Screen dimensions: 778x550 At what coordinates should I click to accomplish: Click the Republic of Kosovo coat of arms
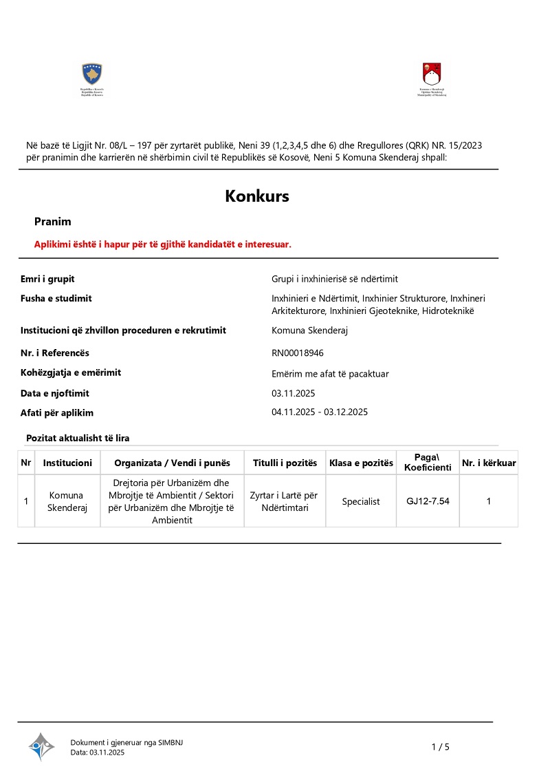[92, 73]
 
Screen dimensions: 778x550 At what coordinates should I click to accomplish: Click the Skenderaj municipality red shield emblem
[432, 73]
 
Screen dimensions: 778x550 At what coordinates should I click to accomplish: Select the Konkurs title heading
[257, 196]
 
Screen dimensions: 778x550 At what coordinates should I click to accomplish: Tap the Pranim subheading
[53, 222]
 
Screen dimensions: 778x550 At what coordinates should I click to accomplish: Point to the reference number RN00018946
[298, 353]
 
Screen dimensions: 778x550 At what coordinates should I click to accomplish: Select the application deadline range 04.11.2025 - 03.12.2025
[320, 412]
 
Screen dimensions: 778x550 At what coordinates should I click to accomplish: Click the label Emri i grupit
[47, 279]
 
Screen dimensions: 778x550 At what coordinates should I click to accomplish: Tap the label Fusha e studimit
[56, 298]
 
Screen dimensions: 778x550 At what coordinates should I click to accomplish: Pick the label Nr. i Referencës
[55, 353]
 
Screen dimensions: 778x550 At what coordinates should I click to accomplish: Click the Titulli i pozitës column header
[285, 463]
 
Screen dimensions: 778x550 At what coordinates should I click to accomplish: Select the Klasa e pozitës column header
[361, 463]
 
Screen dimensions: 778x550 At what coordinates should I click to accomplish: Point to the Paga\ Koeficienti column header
[428, 463]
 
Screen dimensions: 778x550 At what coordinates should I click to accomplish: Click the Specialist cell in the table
[361, 501]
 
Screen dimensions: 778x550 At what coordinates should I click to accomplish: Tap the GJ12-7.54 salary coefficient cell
[428, 501]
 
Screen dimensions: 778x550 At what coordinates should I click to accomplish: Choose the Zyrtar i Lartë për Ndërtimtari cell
[285, 501]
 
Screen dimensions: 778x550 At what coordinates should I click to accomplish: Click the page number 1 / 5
[440, 747]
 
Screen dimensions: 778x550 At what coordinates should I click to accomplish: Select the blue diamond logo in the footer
[41, 746]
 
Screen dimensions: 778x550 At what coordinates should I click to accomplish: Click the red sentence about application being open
[163, 244]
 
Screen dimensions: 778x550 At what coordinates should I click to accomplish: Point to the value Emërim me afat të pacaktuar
[330, 374]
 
